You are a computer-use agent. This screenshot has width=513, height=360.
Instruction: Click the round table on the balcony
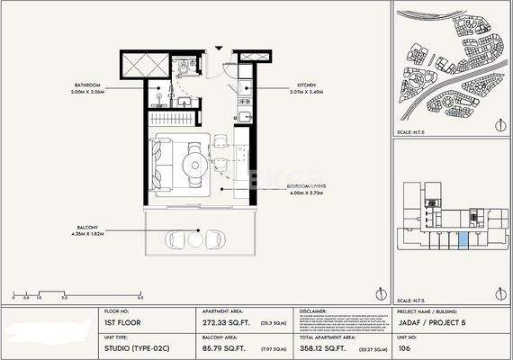tap(195, 238)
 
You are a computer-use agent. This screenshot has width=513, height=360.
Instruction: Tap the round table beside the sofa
tap(193, 162)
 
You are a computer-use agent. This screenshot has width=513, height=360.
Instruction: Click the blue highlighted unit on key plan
tap(463, 238)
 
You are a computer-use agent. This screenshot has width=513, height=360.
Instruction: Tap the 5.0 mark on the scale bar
tap(140, 296)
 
